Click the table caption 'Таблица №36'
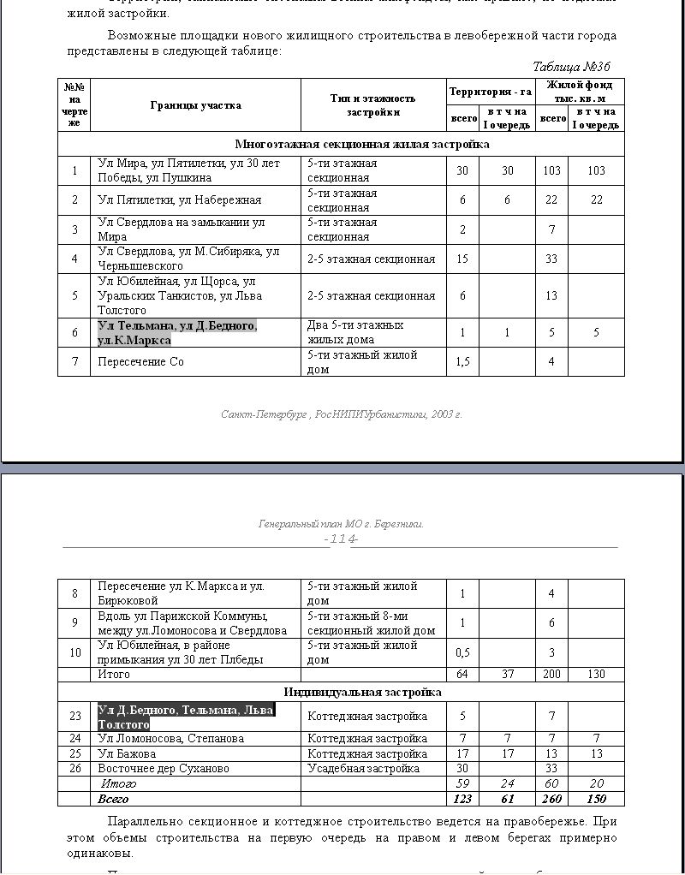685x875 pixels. coord(571,67)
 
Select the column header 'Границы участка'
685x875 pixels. coord(195,105)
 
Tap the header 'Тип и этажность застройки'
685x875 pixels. coord(372,105)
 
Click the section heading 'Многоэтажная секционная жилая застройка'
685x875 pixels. coord(362,145)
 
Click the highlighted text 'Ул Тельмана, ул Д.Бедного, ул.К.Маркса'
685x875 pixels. coord(176,333)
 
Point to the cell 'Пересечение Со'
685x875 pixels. coord(140,361)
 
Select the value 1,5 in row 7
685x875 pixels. coord(462,361)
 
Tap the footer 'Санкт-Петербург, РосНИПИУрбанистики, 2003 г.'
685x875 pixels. coord(341,414)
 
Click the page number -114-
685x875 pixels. coord(341,539)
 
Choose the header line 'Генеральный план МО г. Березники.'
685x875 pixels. coord(341,524)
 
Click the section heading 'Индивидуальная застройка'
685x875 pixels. coord(362,692)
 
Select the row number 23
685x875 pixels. coord(74,717)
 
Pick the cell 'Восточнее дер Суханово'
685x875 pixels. coord(163,768)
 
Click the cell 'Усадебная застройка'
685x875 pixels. coord(363,768)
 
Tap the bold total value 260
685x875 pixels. coord(551,799)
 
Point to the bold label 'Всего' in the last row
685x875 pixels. coord(114,799)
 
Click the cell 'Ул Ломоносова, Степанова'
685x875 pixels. coord(170,738)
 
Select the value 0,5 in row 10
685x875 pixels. coord(462,652)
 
